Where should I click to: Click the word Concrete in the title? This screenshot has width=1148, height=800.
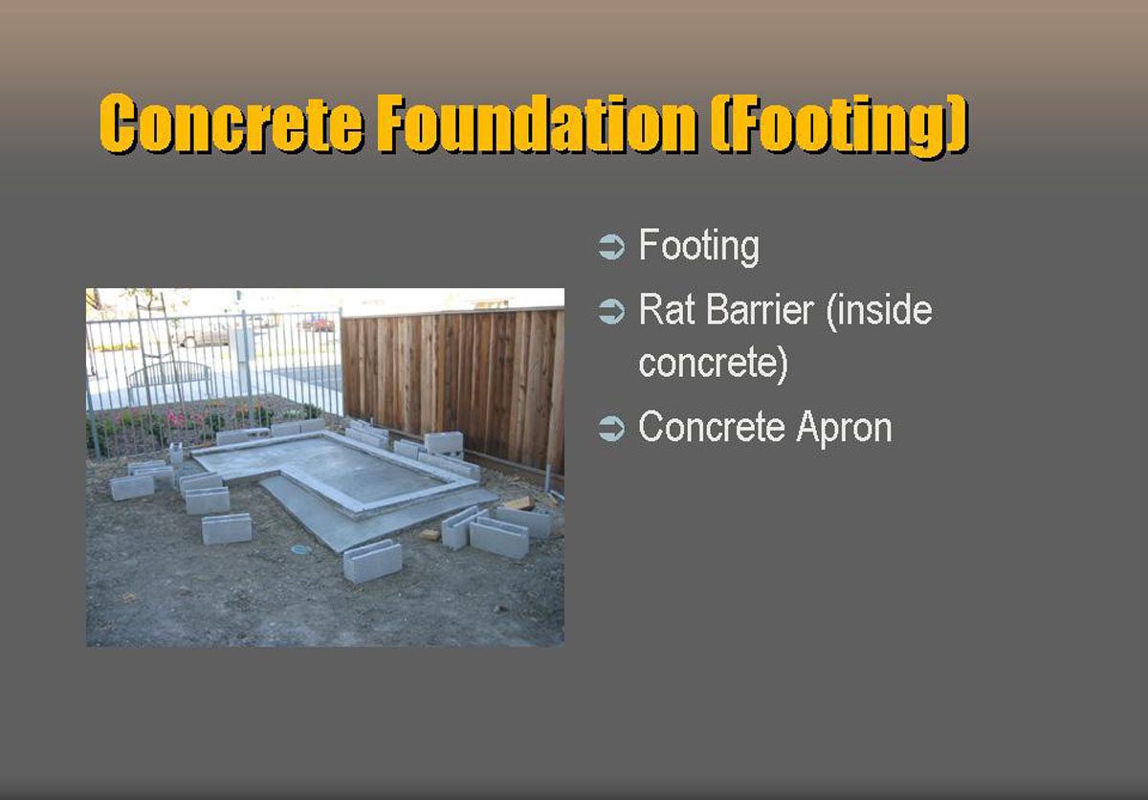232,123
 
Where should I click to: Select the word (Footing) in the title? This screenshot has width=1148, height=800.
840,126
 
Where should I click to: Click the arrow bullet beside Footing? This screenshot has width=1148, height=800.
611,247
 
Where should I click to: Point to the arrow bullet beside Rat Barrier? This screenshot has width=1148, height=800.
611,311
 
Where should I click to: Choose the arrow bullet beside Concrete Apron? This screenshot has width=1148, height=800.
611,429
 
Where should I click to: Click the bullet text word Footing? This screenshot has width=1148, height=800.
699,247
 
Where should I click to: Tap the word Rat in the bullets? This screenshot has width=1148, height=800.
667,309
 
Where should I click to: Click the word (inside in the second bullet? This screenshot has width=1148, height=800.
879,312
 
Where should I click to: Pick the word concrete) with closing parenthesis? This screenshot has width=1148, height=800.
713,364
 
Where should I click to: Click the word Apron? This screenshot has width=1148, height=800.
845,429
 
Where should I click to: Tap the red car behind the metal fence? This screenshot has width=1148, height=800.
318,323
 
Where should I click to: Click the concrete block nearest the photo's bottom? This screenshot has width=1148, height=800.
372,561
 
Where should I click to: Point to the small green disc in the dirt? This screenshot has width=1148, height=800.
300,550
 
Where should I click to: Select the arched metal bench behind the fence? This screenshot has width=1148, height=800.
169,378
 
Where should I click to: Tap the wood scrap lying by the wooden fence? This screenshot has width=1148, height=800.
519,503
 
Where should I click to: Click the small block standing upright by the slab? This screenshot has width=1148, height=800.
176,453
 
